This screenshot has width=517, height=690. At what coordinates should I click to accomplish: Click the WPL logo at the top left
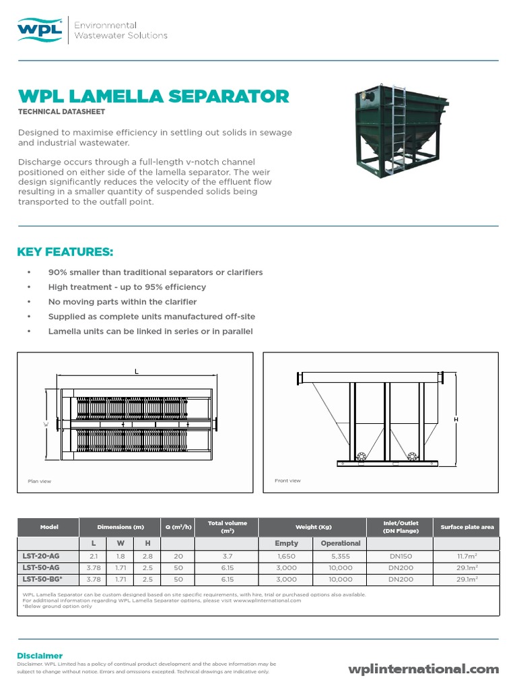[40, 30]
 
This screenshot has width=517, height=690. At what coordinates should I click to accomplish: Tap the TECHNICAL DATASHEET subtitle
[61, 111]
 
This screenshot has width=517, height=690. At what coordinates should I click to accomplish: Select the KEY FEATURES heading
[65, 252]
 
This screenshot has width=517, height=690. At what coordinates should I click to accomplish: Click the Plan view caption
[39, 481]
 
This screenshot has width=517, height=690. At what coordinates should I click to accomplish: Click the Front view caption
[287, 480]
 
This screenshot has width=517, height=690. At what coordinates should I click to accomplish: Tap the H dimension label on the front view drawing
[456, 420]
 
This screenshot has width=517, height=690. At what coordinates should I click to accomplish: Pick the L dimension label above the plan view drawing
[136, 371]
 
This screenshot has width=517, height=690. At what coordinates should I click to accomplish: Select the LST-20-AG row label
[42, 557]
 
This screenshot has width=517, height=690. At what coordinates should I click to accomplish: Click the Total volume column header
[227, 527]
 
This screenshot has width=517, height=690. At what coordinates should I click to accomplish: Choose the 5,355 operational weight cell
[341, 557]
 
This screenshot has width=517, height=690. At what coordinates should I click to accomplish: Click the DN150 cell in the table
[401, 557]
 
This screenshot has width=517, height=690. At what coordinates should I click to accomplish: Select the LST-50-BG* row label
[43, 579]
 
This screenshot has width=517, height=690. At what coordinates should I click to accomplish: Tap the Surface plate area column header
[467, 527]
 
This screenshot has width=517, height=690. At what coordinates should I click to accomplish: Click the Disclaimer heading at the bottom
[40, 656]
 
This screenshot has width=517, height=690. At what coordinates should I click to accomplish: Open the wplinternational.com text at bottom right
[423, 669]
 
